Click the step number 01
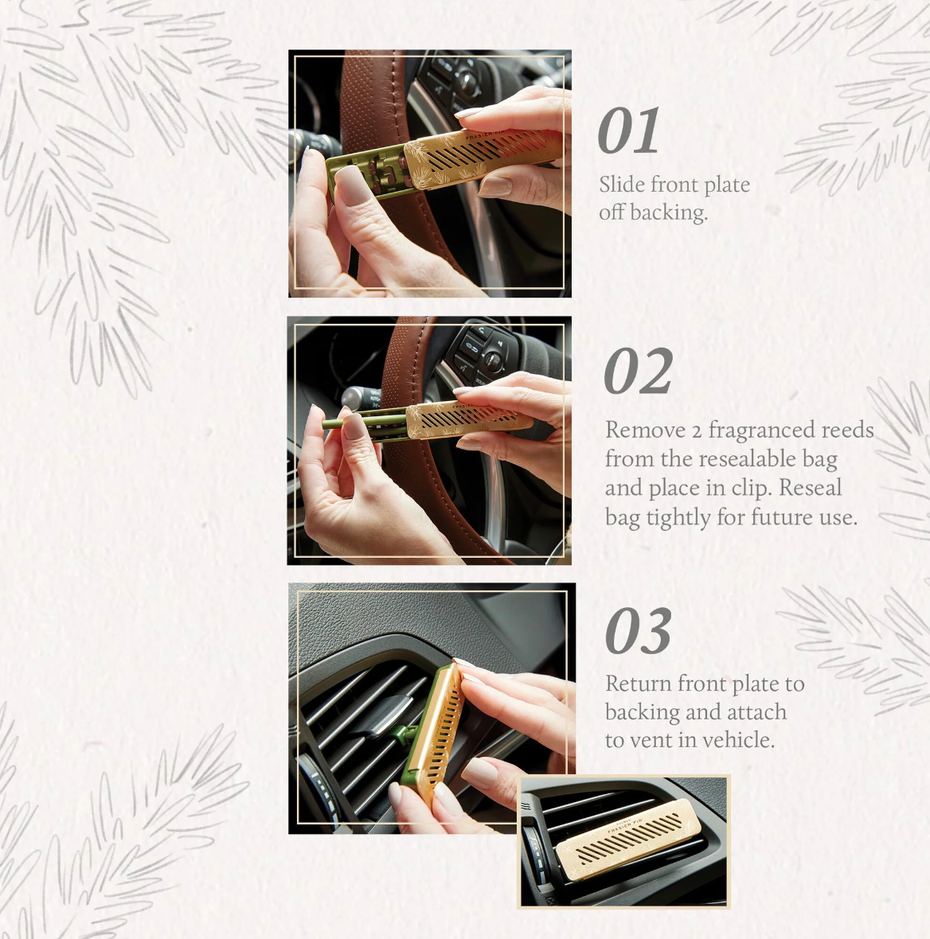[x=628, y=131]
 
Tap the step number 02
[x=638, y=372]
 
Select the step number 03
[x=638, y=632]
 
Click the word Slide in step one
[x=622, y=185]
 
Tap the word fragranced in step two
[x=756, y=431]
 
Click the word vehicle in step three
[x=737, y=740]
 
